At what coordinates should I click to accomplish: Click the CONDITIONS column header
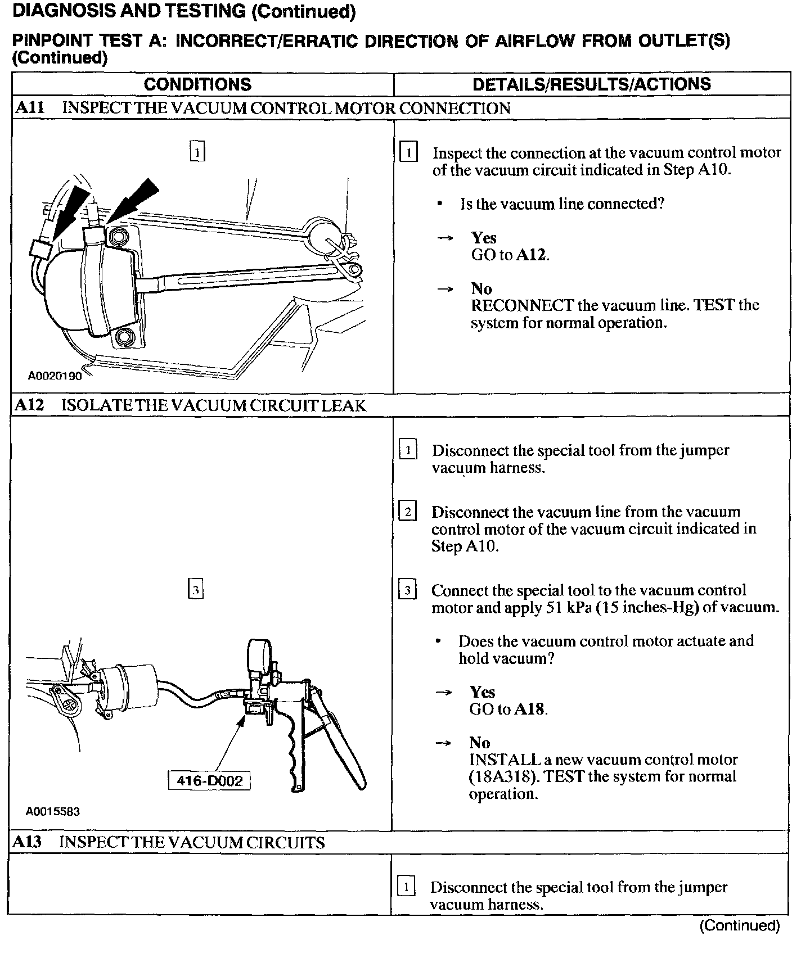[197, 84]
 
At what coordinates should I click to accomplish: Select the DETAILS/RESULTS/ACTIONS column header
[591, 84]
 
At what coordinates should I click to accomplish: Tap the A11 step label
[30, 108]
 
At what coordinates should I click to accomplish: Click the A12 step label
[29, 405]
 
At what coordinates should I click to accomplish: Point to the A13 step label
[28, 842]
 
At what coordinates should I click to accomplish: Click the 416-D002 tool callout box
[209, 781]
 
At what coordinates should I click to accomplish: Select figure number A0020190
[55, 376]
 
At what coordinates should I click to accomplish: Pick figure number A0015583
[53, 812]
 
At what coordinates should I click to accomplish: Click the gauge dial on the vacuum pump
[259, 654]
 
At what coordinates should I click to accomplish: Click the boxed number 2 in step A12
[407, 512]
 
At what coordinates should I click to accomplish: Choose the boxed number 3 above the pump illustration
[195, 590]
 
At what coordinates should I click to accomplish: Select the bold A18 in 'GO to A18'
[530, 710]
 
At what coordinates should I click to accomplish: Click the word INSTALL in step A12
[505, 760]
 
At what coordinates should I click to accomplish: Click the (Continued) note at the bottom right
[739, 925]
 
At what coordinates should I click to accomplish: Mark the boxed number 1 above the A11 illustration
[197, 152]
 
